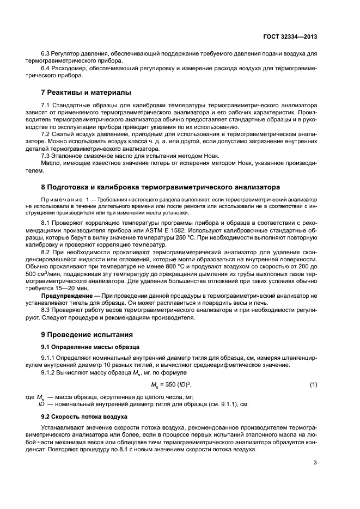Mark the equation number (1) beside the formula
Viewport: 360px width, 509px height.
pos(313,385)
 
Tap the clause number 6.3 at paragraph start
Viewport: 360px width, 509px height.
pos(46,54)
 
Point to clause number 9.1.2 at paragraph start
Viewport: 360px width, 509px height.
pos(49,372)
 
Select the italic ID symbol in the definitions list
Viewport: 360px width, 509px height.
pos(41,404)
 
